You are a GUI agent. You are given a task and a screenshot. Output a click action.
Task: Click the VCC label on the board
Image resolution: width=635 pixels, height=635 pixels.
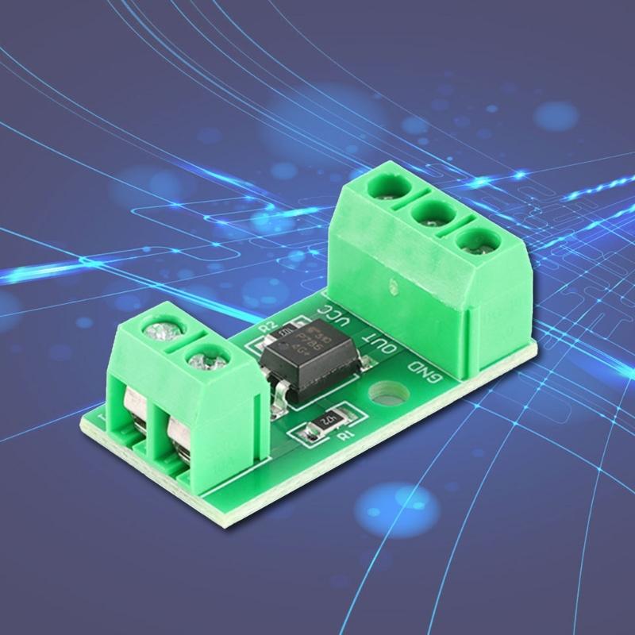coord(332,321)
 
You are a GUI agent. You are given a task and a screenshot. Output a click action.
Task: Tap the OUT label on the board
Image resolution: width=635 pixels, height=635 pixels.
coord(373,344)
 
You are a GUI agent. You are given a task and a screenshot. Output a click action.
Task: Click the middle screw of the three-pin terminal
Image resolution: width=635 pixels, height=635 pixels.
coord(433,213)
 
